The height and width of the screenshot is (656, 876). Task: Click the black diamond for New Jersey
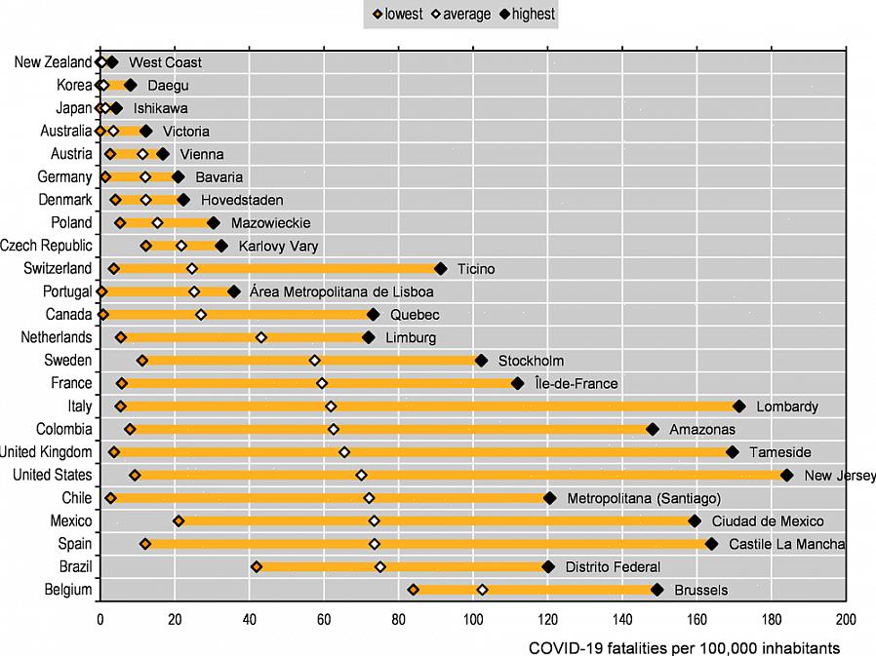[787, 475]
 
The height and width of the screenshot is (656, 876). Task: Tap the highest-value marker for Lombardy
[738, 406]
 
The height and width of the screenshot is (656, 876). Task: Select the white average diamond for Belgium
[482, 590]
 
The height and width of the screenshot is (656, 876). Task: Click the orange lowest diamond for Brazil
[257, 566]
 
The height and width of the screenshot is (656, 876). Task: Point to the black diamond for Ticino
[440, 269]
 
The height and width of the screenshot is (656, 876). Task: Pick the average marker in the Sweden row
[314, 361]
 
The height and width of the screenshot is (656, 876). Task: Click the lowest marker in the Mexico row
[179, 521]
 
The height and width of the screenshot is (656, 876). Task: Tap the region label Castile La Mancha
[787, 544]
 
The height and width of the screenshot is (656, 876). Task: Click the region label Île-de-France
[577, 384]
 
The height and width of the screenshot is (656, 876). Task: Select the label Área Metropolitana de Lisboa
[341, 291]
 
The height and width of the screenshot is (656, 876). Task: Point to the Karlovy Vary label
[278, 247]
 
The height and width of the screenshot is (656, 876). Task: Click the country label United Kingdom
[46, 452]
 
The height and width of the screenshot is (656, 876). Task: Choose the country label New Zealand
[53, 62]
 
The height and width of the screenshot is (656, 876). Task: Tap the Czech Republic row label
[46, 246]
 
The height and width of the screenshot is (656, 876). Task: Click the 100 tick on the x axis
[472, 618]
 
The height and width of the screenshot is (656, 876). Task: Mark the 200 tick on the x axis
[846, 618]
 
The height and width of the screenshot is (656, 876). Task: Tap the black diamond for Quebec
[373, 315]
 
